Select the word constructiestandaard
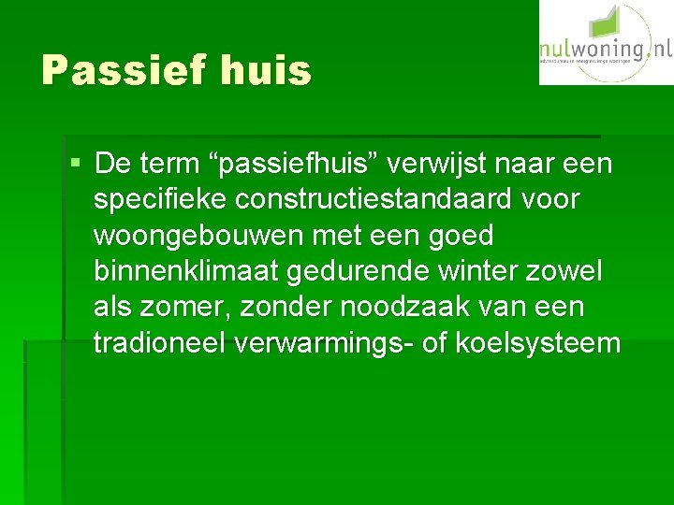pyautogui.click(x=384, y=200)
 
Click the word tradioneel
pyautogui.click(x=160, y=342)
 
